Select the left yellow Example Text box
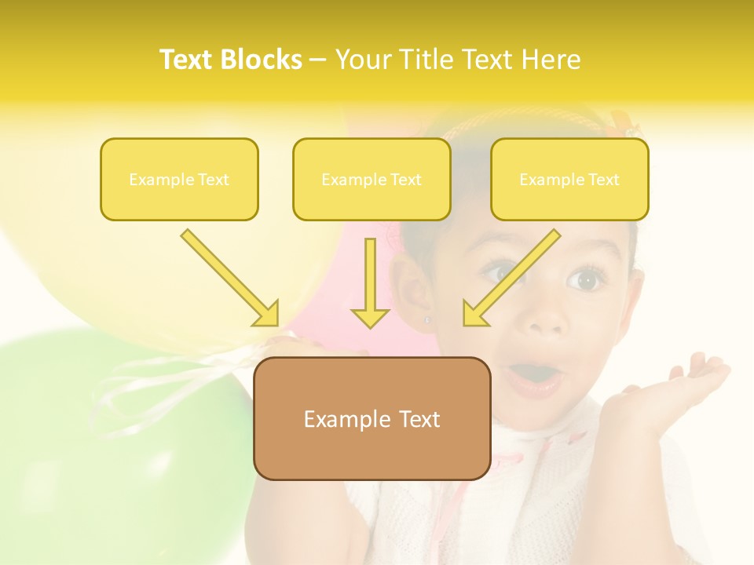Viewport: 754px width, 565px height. click(179, 180)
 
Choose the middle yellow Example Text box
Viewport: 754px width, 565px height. click(372, 180)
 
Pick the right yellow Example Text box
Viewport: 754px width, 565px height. click(569, 180)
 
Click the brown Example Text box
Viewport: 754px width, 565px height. click(372, 419)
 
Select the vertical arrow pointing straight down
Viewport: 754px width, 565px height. click(370, 282)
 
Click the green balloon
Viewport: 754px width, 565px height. click(118, 439)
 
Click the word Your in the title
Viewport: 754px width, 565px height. click(364, 60)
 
